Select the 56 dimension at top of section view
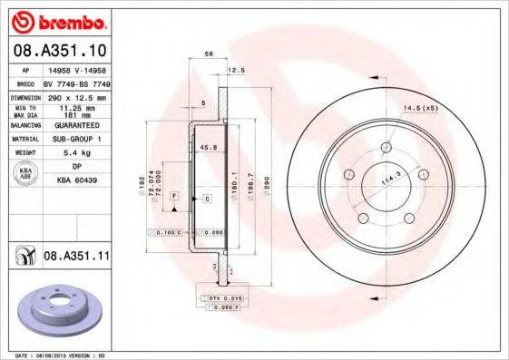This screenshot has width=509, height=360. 209,55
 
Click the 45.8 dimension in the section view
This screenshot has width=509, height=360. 207,147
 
